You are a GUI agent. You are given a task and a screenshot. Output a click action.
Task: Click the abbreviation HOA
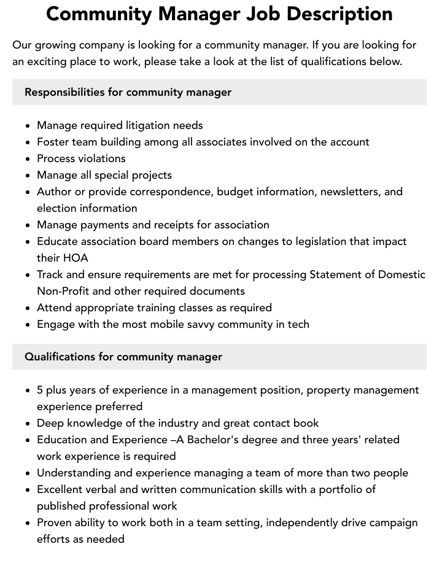(x=76, y=258)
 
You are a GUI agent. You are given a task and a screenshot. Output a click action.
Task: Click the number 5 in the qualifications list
(x=40, y=390)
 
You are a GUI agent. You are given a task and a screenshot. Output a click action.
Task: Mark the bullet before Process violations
(x=28, y=159)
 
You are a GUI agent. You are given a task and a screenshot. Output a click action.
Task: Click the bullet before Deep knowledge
(x=28, y=424)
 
